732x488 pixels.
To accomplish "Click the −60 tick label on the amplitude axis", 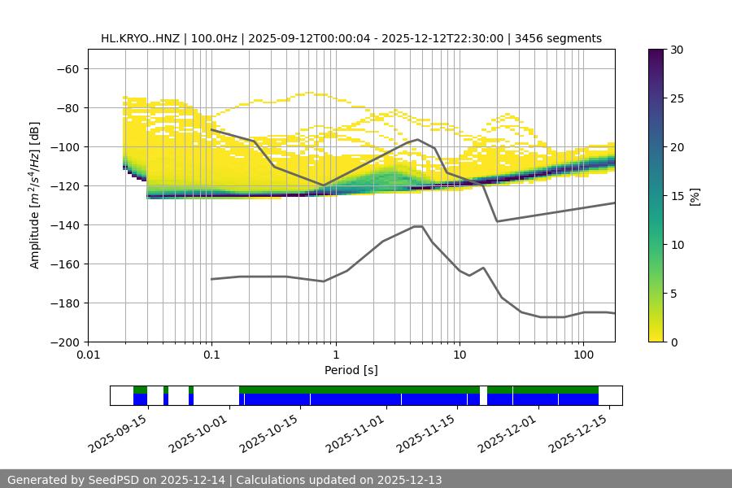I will pyautogui.click(x=68, y=69).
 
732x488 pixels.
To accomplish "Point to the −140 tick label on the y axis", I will pyautogui.click(x=65, y=225).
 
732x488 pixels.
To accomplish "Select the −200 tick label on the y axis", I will pyautogui.click(x=65, y=342).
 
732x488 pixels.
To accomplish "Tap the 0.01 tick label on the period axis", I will pyautogui.click(x=88, y=355).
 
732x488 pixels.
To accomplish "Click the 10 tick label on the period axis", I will pyautogui.click(x=459, y=355).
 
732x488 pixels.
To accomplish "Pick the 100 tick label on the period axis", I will pyautogui.click(x=583, y=355).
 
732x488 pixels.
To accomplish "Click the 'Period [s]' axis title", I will pyautogui.click(x=351, y=370).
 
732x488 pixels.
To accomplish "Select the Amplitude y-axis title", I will pyautogui.click(x=35, y=195).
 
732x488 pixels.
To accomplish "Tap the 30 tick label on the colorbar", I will pyautogui.click(x=676, y=50).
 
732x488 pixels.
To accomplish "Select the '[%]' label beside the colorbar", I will pyautogui.click(x=695, y=196).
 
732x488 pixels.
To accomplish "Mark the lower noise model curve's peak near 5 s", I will pyautogui.click(x=418, y=226).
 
